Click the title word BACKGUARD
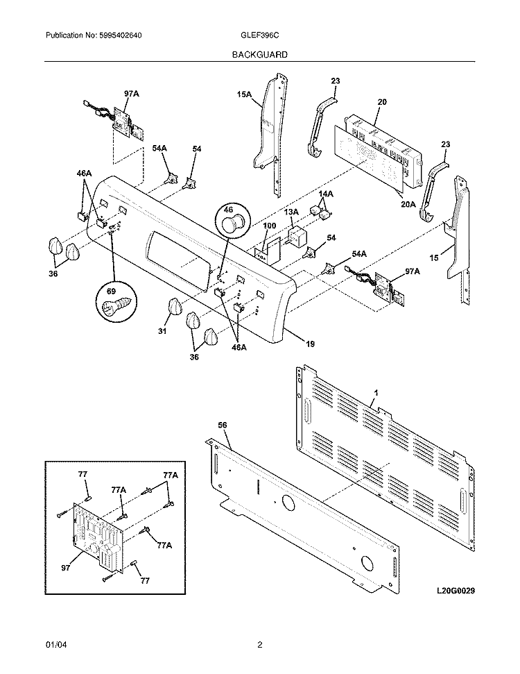[259, 53]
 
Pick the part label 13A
[291, 212]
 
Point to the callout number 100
[270, 226]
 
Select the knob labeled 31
[174, 306]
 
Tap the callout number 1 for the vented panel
[374, 394]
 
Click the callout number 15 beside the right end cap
[433, 258]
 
